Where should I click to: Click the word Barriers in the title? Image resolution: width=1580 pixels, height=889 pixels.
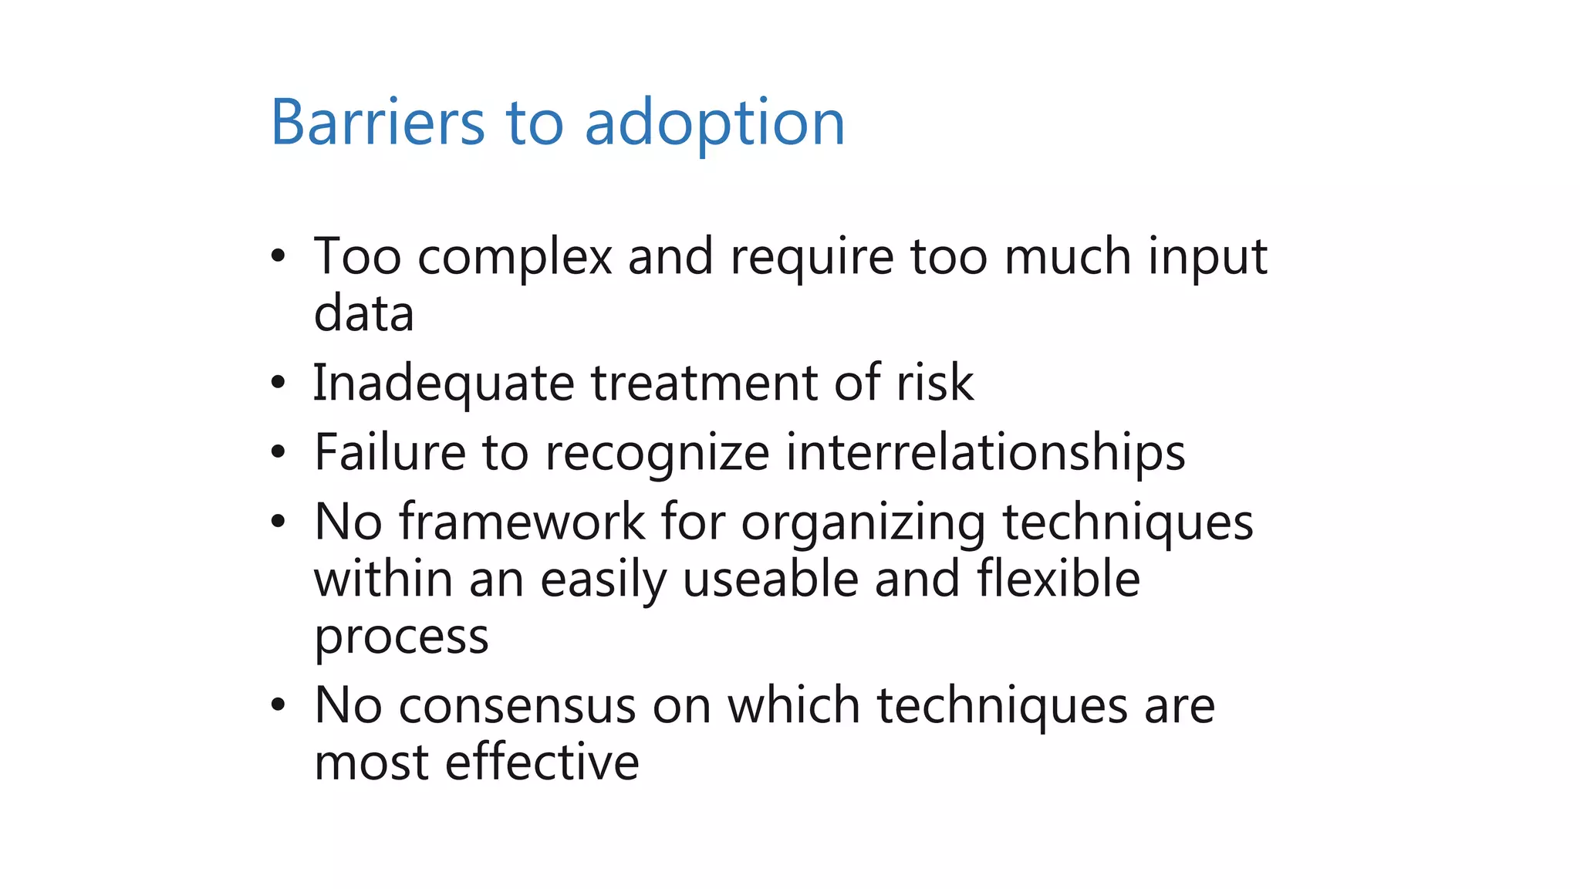(377, 122)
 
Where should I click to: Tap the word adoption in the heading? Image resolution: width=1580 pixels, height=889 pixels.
(714, 123)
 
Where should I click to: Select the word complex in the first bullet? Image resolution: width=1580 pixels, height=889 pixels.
(515, 257)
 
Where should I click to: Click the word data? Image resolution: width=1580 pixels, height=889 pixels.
(364, 314)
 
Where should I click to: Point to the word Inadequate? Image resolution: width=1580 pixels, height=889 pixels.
(444, 384)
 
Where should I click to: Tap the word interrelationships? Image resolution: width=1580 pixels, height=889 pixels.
(985, 453)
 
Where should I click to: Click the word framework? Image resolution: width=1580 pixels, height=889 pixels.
(522, 522)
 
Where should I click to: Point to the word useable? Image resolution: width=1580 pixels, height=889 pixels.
(770, 579)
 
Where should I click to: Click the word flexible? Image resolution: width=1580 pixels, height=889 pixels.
(1058, 579)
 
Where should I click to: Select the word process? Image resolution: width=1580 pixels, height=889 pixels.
(401, 637)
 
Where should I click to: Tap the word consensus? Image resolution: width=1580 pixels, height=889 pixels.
(517, 705)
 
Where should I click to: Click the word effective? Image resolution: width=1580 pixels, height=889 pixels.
(542, 762)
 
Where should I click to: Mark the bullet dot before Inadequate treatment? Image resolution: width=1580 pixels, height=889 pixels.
(279, 383)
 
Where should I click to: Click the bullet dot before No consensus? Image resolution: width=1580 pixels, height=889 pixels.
(279, 705)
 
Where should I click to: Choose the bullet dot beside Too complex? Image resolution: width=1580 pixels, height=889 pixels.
(279, 256)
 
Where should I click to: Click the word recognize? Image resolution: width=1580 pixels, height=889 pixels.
(657, 453)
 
